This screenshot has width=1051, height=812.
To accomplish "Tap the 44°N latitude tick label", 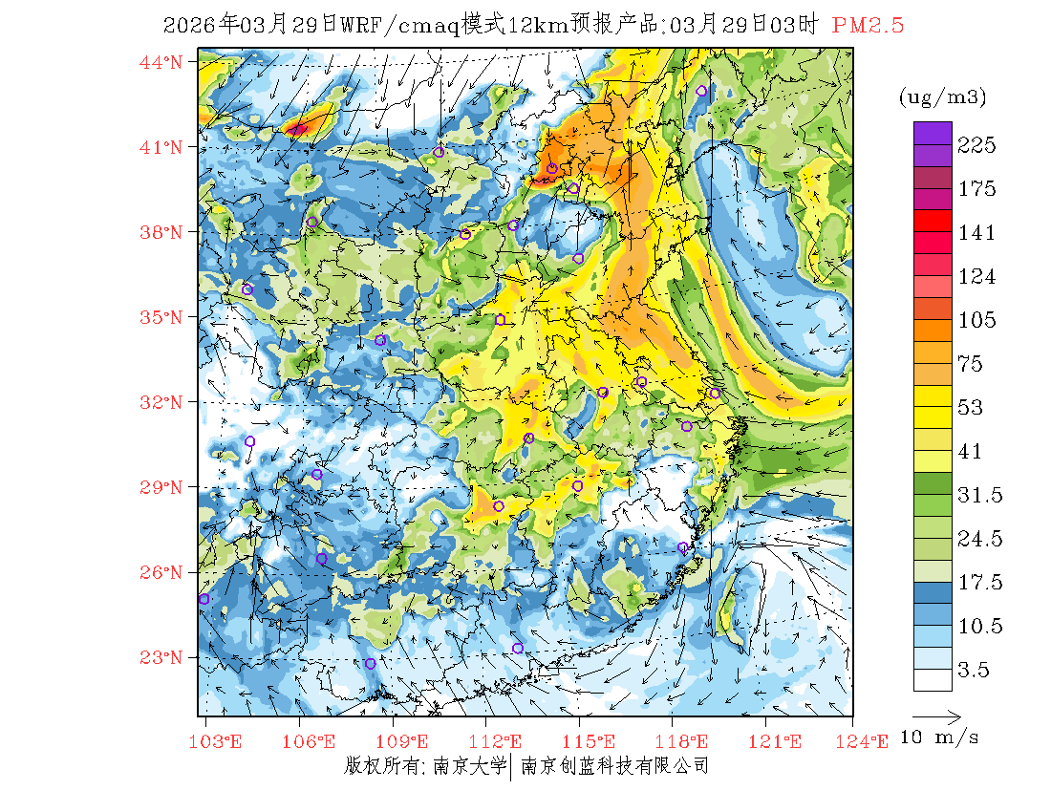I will [161, 62].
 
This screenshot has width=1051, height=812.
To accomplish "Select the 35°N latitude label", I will [161, 317].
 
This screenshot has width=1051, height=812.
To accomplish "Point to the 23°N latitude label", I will [161, 657].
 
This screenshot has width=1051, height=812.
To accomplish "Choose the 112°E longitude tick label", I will [501, 741].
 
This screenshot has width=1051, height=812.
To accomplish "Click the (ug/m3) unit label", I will [942, 96].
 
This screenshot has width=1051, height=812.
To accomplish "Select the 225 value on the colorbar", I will [977, 145].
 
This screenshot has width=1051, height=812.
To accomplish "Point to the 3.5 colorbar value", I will [975, 671].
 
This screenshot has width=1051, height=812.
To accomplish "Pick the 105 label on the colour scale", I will [977, 320].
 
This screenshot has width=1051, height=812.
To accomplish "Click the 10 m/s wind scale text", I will [940, 737].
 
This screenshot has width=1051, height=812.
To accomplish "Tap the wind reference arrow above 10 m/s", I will [936, 715].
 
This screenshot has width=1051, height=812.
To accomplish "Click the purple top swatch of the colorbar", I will [932, 133].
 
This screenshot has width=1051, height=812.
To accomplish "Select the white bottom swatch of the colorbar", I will [932, 679].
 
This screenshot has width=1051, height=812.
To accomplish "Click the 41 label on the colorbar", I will [970, 452].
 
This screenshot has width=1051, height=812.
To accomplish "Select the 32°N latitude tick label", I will [161, 402].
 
